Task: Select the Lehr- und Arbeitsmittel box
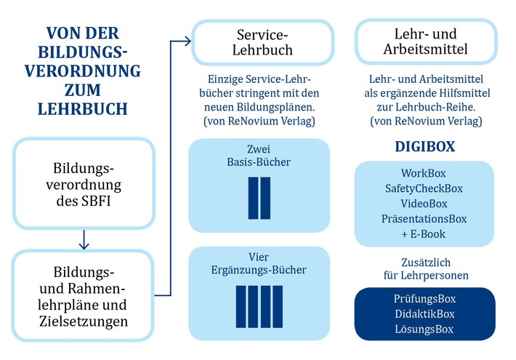tap(426, 42)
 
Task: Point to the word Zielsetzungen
tap(84, 320)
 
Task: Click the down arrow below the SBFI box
tap(84, 239)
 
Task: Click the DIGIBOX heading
tap(424, 146)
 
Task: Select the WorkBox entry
tap(424, 174)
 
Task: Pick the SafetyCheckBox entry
tap(424, 189)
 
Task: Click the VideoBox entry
tap(424, 204)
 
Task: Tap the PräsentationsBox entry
tap(424, 219)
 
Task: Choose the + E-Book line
tap(424, 233)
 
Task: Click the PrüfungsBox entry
tap(424, 299)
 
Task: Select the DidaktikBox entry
tap(424, 314)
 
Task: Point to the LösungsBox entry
tap(424, 329)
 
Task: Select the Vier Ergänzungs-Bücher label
tap(259, 263)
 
